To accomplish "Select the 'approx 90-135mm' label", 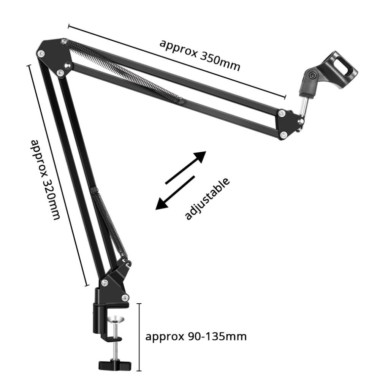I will coord(196,336).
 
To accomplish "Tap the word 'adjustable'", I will coord(207,198).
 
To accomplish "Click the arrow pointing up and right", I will coord(186,167).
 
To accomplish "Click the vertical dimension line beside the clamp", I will coord(139,336).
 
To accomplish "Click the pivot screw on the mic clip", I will coord(312,76).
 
